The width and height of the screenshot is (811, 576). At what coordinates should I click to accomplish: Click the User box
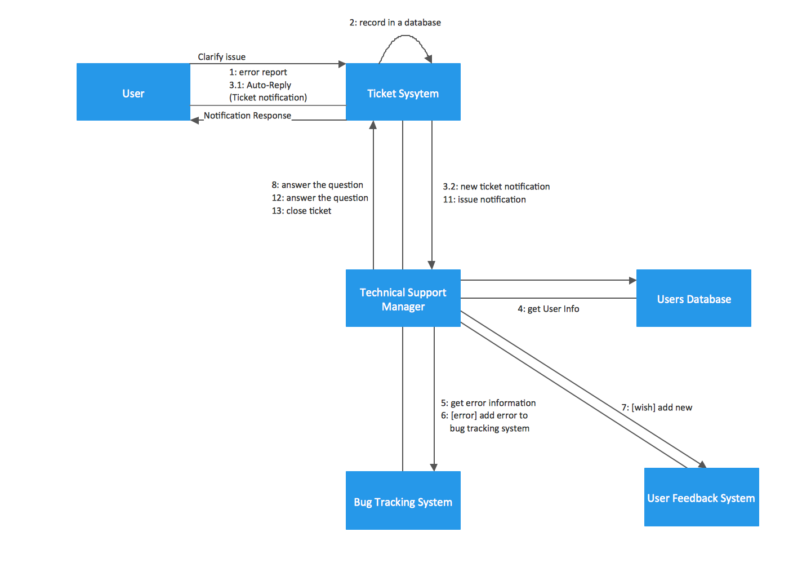tap(133, 92)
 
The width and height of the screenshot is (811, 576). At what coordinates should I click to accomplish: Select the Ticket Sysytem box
tap(403, 92)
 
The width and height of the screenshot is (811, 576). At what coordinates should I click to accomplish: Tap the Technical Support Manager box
tap(403, 298)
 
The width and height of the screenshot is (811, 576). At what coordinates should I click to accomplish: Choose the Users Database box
tap(693, 298)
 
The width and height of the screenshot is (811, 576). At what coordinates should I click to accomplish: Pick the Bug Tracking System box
tap(403, 500)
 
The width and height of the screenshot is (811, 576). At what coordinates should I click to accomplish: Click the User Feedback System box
tap(701, 497)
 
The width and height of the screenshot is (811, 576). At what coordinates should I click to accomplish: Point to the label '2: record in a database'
tap(395, 23)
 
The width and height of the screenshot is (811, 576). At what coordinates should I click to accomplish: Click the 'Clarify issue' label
tap(221, 57)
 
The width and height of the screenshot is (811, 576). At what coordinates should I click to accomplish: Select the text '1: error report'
tap(258, 72)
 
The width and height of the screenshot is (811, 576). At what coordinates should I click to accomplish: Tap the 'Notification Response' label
tap(247, 116)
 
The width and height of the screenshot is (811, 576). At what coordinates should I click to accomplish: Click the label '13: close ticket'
tap(301, 211)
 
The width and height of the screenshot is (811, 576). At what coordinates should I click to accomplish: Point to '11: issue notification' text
tap(484, 200)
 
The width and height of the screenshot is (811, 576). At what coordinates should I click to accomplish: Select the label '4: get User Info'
tap(548, 309)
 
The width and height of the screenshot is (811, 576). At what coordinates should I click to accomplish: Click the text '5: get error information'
tap(488, 403)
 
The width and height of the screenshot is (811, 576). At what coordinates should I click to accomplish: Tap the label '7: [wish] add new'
tap(657, 407)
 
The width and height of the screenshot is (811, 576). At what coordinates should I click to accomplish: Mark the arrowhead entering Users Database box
tap(632, 280)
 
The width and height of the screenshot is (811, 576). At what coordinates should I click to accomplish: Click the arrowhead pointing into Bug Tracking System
tap(434, 467)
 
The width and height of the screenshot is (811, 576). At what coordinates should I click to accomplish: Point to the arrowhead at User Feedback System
tap(702, 464)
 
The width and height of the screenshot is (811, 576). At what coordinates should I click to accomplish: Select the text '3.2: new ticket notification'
tap(496, 187)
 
